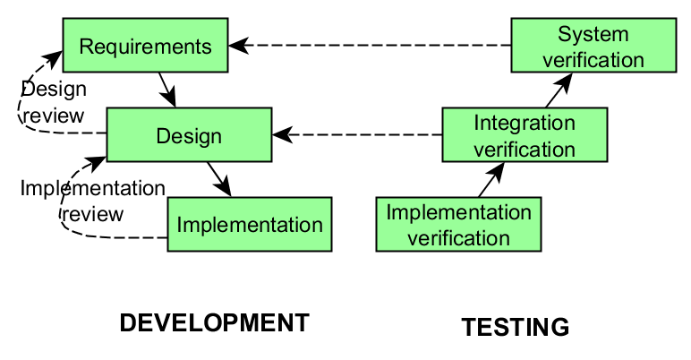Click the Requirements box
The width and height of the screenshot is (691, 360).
pos(145,45)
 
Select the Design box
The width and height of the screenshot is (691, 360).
pos(189,134)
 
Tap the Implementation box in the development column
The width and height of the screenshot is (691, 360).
pos(250,224)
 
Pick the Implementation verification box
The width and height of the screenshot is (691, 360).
pos(458,224)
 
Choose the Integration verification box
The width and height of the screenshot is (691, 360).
pos(525,134)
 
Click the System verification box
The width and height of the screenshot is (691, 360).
pos(593,45)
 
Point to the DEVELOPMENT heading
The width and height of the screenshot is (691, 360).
pos(215,323)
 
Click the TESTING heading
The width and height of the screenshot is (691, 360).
pos(516,328)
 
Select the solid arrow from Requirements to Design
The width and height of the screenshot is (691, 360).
pos(167,90)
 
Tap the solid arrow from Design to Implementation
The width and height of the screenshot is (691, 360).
pos(219,180)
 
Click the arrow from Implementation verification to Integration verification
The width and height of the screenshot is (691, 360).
pos(491,180)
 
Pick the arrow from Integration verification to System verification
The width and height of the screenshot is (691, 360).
pos(559,90)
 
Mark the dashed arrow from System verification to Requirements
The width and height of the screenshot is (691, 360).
pos(370,45)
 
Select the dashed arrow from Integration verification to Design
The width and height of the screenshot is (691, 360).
pos(357,134)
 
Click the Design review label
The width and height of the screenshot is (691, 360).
pos(54,102)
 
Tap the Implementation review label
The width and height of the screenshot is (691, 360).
pos(92,201)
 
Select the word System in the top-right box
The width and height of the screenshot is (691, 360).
pos(593,34)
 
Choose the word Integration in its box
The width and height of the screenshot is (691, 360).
pos(525,123)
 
